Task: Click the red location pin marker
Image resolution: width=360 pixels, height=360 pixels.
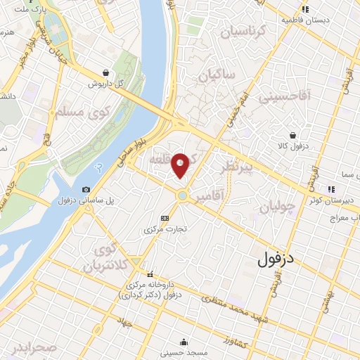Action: pyautogui.click(x=181, y=165)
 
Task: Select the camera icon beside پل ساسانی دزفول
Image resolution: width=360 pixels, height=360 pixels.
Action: pyautogui.click(x=86, y=189)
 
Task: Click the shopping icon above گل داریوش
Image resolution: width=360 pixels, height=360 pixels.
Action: pyautogui.click(x=105, y=72)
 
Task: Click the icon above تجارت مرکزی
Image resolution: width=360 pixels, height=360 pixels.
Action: pyautogui.click(x=165, y=218)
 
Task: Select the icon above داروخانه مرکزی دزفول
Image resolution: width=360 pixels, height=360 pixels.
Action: pyautogui.click(x=149, y=275)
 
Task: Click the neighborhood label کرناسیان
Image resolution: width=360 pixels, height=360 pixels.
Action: pyautogui.click(x=242, y=32)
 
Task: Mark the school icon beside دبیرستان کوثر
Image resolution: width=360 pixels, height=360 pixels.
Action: pyautogui.click(x=330, y=188)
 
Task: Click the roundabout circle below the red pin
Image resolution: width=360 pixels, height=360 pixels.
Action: pyautogui.click(x=182, y=195)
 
